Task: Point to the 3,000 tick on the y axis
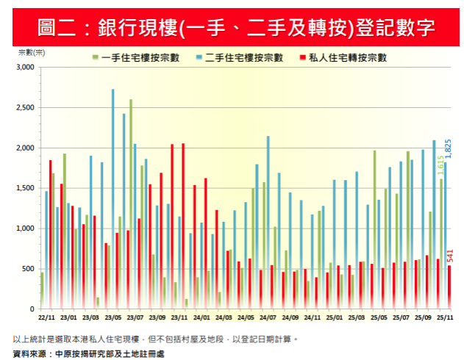(x=26, y=68)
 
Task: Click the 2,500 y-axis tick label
(x=26, y=108)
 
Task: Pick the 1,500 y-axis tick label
(x=26, y=188)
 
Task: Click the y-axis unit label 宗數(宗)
(x=30, y=52)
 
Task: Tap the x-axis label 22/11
(x=46, y=317)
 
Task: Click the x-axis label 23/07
(x=135, y=317)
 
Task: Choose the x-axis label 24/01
(x=201, y=317)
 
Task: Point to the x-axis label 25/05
(x=379, y=317)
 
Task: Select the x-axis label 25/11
(x=446, y=317)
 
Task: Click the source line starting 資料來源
(x=89, y=353)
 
